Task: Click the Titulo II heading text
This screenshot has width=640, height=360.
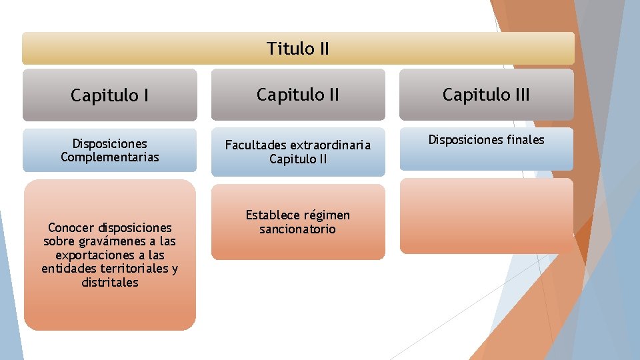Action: (x=298, y=49)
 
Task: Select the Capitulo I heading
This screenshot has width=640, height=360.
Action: (x=109, y=96)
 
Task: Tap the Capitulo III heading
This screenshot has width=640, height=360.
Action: (x=486, y=95)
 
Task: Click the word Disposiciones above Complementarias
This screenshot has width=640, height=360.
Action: (x=110, y=143)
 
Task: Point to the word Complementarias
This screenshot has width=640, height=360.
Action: (x=110, y=157)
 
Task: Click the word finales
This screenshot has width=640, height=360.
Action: (x=525, y=139)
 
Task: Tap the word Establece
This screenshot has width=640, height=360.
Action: (x=273, y=215)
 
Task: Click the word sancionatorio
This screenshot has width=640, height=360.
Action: (x=297, y=229)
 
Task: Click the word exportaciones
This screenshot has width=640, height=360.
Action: (x=90, y=255)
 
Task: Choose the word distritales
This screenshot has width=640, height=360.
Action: (x=110, y=283)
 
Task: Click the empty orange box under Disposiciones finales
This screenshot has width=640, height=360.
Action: (x=486, y=216)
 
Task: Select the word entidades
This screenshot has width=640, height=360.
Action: (x=67, y=269)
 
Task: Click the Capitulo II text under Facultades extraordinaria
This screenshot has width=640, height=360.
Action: (x=297, y=159)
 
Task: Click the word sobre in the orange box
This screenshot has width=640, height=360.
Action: (x=59, y=241)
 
